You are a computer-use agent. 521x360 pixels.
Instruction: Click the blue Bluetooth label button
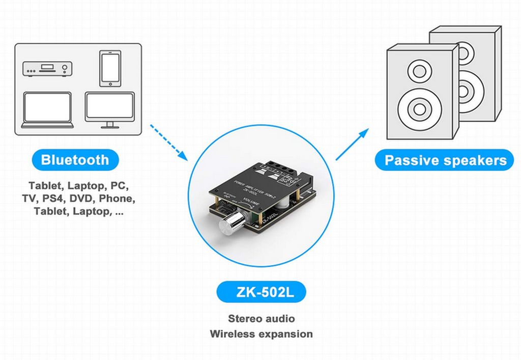pos(75,160)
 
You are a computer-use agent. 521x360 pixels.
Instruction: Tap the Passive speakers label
pos(445,160)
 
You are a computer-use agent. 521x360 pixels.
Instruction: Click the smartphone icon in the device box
pos(109,69)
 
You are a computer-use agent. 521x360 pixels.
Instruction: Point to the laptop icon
pos(48,110)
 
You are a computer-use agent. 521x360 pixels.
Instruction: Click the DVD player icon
pos(47,69)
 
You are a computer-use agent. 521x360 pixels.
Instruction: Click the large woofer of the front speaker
pos(420,108)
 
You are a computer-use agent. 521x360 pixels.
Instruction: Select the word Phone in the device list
pos(118,198)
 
